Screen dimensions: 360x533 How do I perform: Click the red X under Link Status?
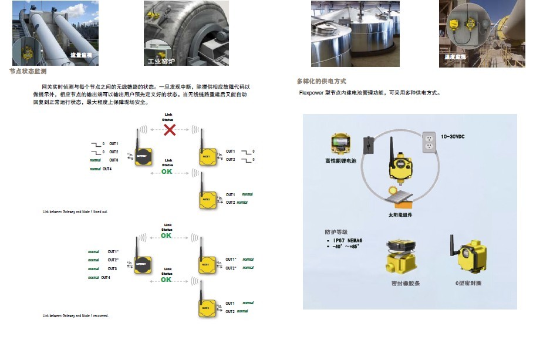point(169,130)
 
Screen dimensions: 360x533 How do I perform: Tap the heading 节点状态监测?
point(28,71)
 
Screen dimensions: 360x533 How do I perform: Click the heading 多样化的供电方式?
point(322,81)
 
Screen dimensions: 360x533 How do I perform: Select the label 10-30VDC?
point(452,136)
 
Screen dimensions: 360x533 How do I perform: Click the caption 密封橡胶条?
point(406,283)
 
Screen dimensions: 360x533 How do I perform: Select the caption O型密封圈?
point(468,283)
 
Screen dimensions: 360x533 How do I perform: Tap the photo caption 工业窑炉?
point(161,60)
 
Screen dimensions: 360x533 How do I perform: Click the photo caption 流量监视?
point(80,55)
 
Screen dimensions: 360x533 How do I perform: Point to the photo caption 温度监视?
point(456,57)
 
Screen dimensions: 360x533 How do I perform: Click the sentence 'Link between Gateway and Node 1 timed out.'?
point(75,212)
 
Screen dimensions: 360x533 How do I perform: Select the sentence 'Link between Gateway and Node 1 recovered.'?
point(75,316)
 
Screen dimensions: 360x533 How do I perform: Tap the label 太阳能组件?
point(400,216)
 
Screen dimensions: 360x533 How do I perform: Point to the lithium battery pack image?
point(340,143)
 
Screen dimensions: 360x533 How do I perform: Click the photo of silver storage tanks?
point(355,33)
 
